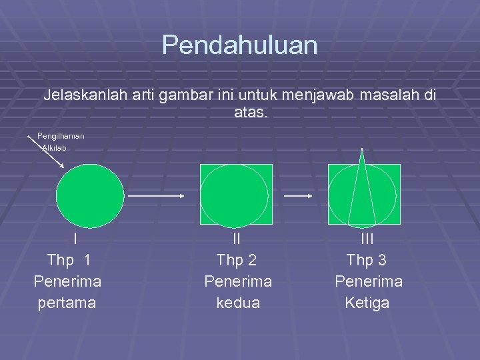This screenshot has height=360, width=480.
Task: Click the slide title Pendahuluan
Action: tap(239, 45)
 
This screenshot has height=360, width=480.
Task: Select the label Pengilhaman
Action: tap(61, 135)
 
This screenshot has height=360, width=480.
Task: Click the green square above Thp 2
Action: tap(237, 194)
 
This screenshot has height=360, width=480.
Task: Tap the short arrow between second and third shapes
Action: tap(298, 196)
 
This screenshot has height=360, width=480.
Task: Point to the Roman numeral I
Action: tap(75, 239)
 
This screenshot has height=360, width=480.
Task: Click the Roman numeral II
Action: tap(237, 239)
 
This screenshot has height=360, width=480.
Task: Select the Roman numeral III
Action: tap(368, 239)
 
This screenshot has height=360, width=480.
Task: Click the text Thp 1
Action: tap(68, 260)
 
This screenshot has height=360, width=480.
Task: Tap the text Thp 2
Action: tap(237, 260)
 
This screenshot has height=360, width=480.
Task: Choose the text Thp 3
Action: tap(367, 260)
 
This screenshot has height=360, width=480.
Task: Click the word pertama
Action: tap(67, 303)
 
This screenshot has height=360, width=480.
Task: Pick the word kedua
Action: tap(237, 303)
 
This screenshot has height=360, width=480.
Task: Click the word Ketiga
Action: tap(367, 303)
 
